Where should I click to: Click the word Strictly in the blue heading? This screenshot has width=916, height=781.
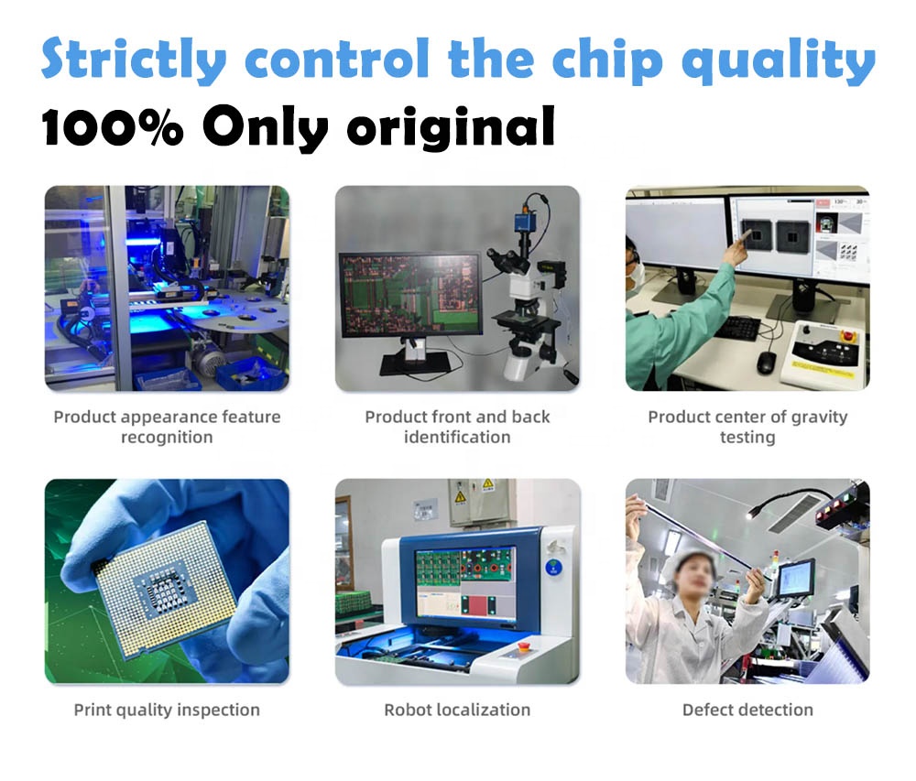[x=133, y=60]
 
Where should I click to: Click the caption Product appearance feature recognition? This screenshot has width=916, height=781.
[x=167, y=427]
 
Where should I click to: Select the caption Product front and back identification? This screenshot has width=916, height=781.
[x=457, y=427]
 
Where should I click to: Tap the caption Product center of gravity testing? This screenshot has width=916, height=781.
[x=747, y=427]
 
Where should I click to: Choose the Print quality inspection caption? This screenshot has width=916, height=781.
[x=167, y=710]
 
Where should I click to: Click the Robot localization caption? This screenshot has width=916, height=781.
[x=457, y=710]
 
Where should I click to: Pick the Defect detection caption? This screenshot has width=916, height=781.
[x=747, y=710]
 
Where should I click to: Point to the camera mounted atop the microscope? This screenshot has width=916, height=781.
[x=526, y=224]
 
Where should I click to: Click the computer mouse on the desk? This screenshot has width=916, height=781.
[x=766, y=362]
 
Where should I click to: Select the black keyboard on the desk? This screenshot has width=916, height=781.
[x=737, y=328]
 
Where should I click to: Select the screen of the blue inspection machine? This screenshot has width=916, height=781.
[x=464, y=582]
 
